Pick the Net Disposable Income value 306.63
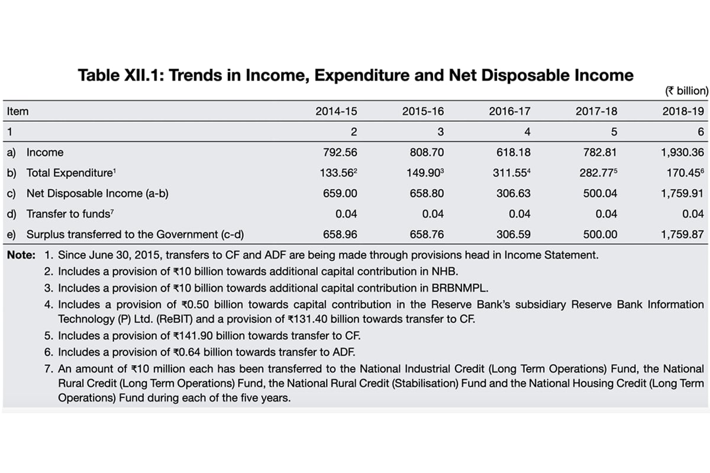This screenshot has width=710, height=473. (x=514, y=193)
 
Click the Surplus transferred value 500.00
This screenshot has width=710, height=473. (x=600, y=234)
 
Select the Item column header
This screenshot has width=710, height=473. (x=18, y=111)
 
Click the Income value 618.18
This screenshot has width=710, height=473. (x=514, y=152)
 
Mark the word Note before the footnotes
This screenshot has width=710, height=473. (x=20, y=255)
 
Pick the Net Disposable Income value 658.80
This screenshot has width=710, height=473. (x=427, y=193)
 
